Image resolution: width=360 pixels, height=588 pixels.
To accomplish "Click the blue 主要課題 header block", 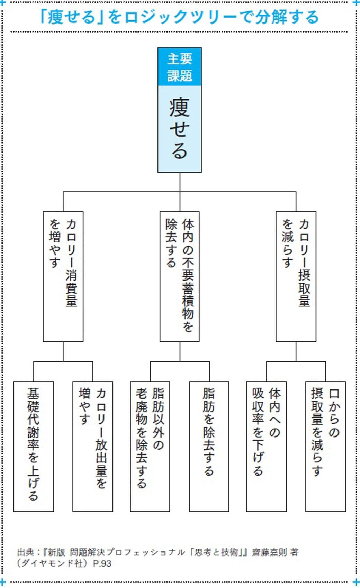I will (180, 67).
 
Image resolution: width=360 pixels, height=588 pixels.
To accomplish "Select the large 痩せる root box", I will (180, 129).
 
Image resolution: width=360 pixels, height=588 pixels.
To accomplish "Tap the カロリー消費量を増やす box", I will (63, 276).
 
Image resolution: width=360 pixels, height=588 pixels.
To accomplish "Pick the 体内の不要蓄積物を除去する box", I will (180, 276).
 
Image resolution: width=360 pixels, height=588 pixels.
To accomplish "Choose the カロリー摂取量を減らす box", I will (296, 276).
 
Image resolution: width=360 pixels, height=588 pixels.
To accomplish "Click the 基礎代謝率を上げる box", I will (34, 446).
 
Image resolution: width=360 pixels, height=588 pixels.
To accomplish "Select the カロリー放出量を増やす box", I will (93, 446).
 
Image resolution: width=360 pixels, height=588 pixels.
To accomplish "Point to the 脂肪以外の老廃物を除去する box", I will (150, 446).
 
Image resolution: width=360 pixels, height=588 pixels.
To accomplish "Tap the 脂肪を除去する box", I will (209, 446).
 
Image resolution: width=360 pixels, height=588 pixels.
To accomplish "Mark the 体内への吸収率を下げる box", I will (267, 446).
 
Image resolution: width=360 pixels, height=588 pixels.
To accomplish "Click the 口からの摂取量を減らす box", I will (325, 446).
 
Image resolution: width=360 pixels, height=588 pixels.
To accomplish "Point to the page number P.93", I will (102, 563).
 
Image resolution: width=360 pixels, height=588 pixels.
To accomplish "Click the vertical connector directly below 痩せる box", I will (180, 182).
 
